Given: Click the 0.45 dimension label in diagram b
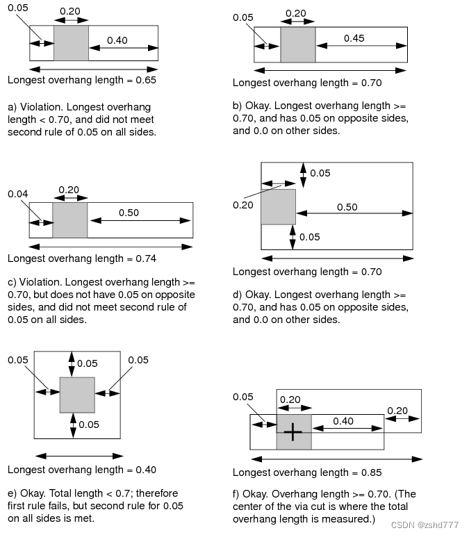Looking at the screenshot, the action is (x=354, y=38).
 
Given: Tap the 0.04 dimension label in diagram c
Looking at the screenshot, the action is (x=18, y=194).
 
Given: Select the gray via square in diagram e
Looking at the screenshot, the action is (x=77, y=395).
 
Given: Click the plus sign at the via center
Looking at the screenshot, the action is (x=293, y=432).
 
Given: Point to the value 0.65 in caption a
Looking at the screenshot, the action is (x=146, y=80).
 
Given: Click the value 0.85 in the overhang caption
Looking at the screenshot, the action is (x=372, y=472).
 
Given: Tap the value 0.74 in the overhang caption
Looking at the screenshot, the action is (x=146, y=258).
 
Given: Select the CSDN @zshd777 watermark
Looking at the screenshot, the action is (x=425, y=525).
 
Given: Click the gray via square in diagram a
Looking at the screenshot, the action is (x=72, y=43).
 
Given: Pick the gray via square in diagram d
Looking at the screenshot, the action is (x=279, y=207).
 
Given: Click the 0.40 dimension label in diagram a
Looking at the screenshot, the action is (x=117, y=40).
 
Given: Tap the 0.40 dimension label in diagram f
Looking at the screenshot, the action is (x=343, y=421).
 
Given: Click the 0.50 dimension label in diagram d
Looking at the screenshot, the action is (x=347, y=207).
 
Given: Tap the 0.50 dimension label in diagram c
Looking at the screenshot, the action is (x=129, y=213).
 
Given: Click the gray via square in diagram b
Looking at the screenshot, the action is (x=298, y=44).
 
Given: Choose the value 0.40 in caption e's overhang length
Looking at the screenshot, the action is (x=146, y=470).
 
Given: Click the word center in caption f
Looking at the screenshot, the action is (x=249, y=507).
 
